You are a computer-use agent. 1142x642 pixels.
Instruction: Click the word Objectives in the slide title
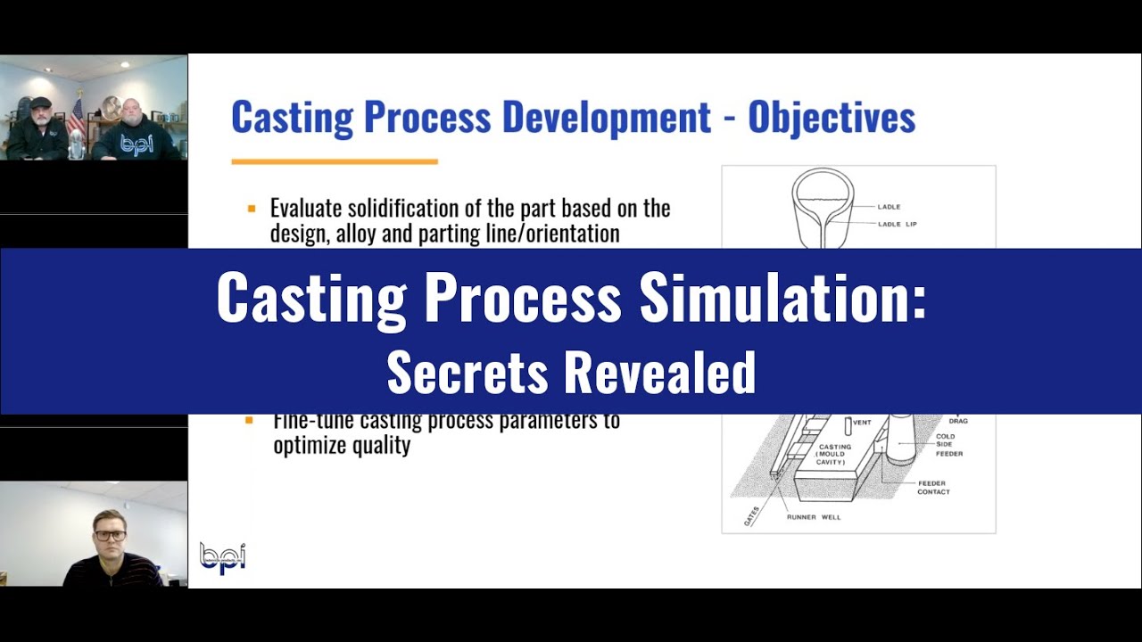pos(832,118)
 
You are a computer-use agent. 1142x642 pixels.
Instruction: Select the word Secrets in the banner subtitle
pos(467,372)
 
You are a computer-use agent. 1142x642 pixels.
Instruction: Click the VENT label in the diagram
pos(862,422)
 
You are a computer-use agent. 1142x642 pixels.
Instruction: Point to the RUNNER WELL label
pos(813,517)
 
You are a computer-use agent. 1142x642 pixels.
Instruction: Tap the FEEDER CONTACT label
pos(933,488)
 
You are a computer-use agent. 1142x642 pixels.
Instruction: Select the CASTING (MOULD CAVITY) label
pos(835,454)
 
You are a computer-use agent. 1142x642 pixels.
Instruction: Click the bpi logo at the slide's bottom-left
pos(221,557)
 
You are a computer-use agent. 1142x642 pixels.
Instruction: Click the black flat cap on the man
pos(41,103)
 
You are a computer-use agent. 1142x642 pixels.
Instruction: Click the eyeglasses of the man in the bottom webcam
pos(110,535)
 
